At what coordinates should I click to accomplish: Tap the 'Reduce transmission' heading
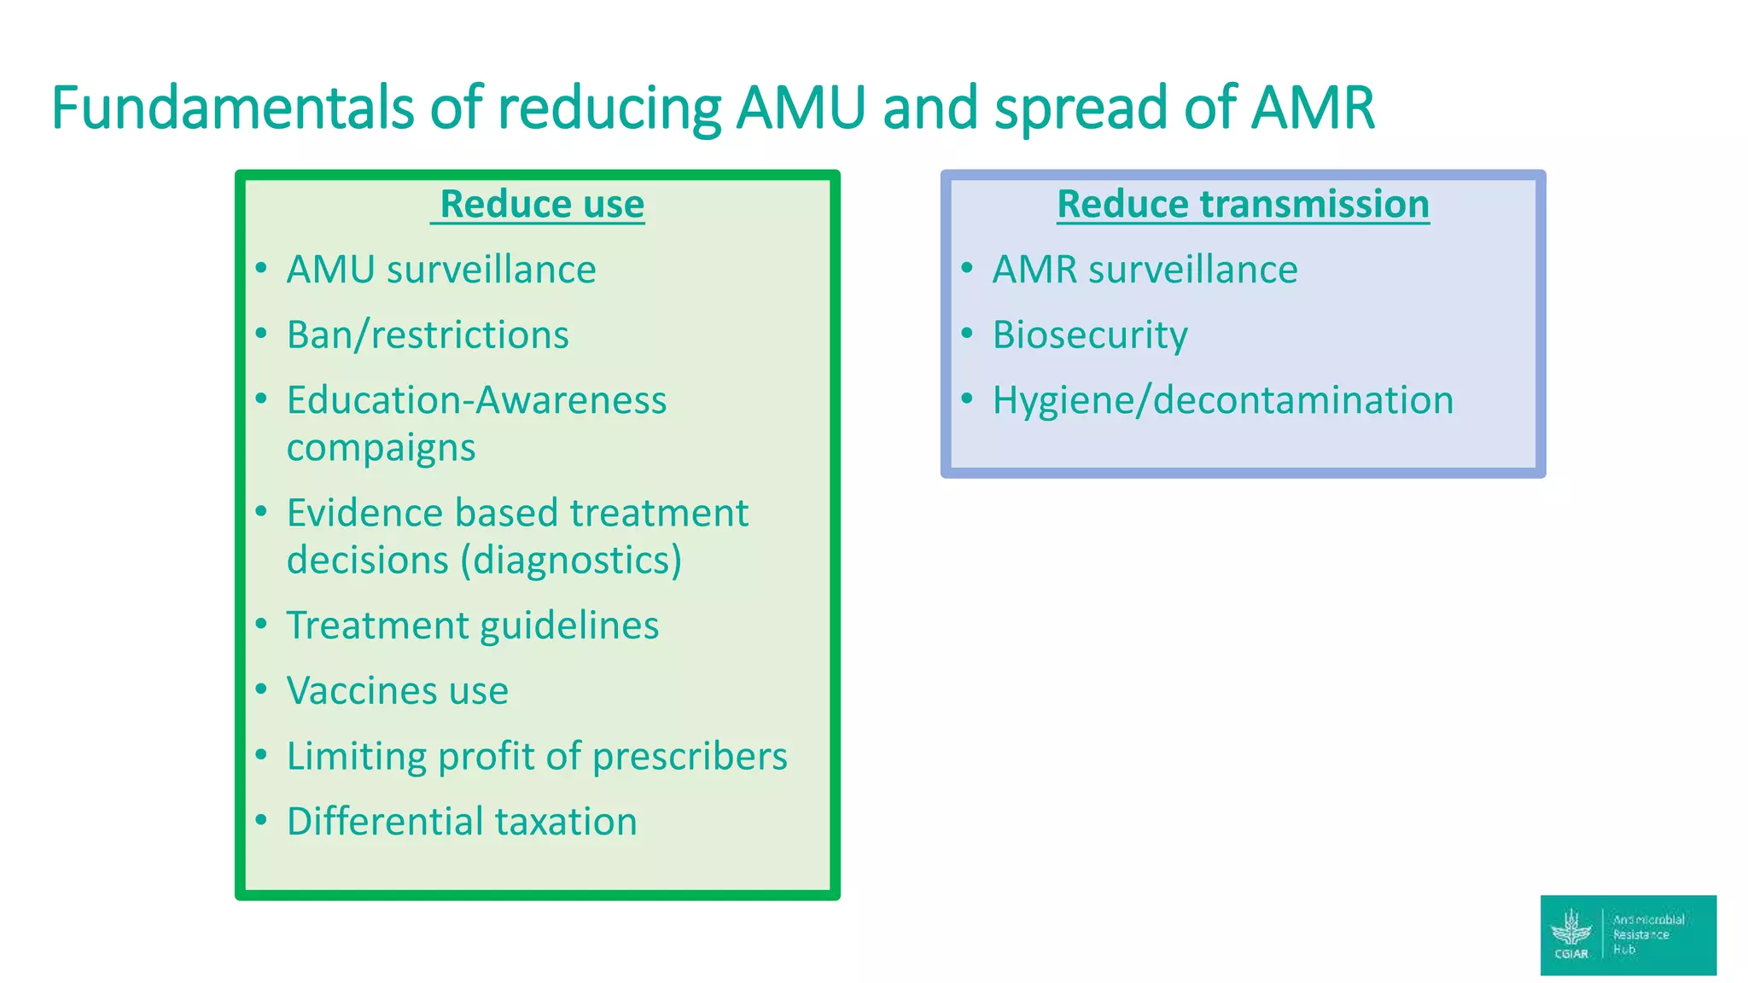click(1243, 205)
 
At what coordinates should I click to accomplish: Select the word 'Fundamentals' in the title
click(232, 108)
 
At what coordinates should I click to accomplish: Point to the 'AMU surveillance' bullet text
click(441, 270)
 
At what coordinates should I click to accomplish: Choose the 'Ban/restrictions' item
click(428, 334)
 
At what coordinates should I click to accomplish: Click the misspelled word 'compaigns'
click(381, 448)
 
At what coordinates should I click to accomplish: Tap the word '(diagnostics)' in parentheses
click(571, 561)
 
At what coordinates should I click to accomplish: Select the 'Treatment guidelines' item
click(473, 625)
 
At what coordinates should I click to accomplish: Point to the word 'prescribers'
click(690, 756)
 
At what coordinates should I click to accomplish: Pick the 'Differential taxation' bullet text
click(462, 822)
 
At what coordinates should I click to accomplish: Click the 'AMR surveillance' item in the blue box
click(1145, 270)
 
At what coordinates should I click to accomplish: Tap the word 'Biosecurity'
click(1090, 334)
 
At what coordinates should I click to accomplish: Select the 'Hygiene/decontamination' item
click(1223, 400)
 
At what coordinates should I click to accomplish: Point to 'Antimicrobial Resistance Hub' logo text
click(1648, 934)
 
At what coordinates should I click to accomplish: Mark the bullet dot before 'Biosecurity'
click(967, 333)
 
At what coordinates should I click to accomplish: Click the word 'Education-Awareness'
click(476, 400)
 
